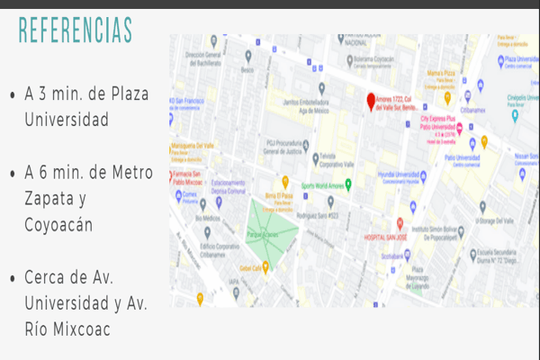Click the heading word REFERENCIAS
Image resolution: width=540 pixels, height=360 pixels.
[75, 29]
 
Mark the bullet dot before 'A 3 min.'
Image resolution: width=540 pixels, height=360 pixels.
[11, 95]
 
